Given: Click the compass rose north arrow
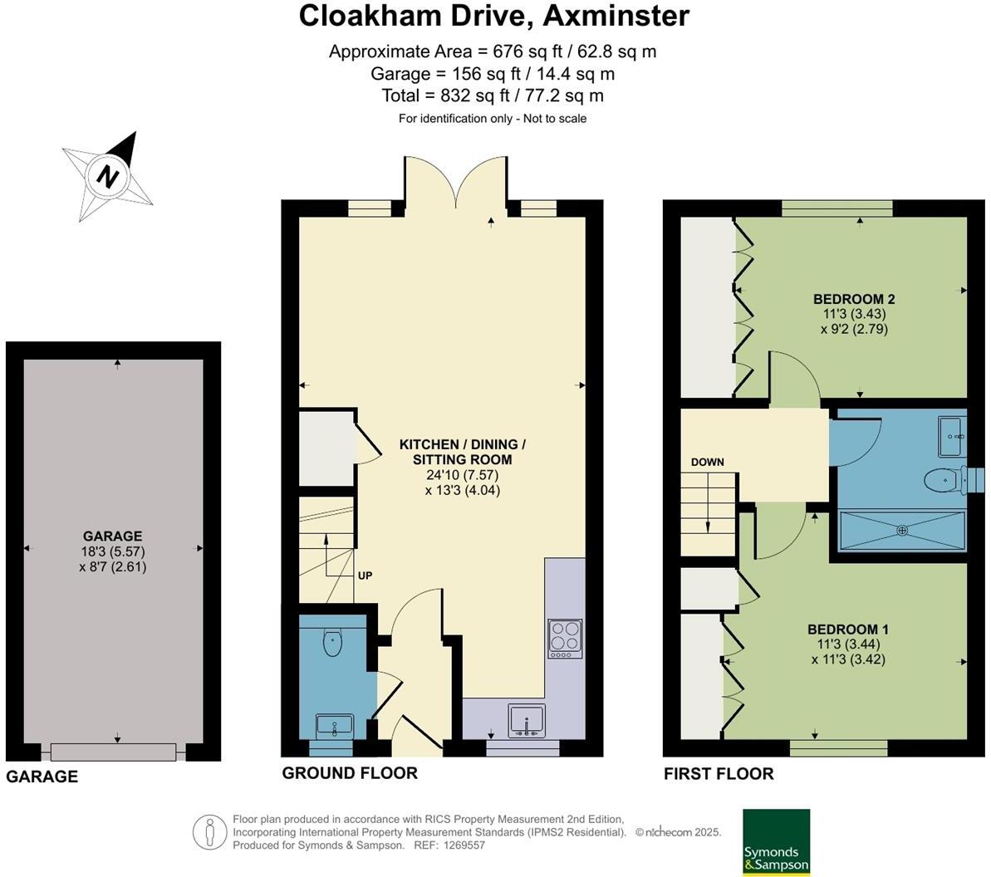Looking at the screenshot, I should (108, 172).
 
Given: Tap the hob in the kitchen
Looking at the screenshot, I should (565, 639).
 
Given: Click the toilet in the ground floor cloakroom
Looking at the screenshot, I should (332, 642).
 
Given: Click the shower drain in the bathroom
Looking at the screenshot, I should (902, 529).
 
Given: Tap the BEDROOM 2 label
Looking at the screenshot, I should (853, 299).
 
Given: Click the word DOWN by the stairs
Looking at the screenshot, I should (707, 462).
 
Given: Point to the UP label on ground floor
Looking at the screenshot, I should (365, 575).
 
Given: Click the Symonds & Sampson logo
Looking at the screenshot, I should (776, 841).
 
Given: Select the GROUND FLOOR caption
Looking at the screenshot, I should (350, 773).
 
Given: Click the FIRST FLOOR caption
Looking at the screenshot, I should (719, 774).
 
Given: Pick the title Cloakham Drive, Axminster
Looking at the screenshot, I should (493, 16).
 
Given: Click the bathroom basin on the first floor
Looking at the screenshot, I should (953, 436).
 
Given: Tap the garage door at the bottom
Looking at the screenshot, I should (113, 752).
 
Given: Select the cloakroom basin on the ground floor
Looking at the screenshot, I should (335, 726).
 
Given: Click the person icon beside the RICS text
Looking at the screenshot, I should (211, 832).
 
